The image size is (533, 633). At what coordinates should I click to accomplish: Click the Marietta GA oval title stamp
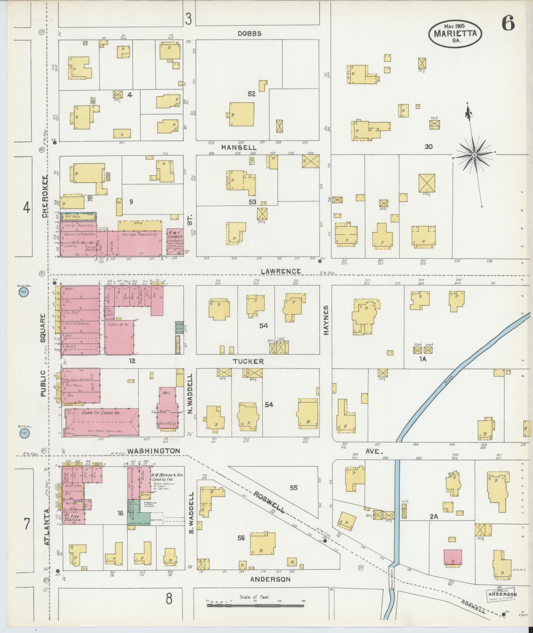click(x=455, y=33)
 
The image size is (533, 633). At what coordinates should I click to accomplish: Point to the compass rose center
click(x=474, y=155)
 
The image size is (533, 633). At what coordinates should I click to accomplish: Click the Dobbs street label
click(x=249, y=33)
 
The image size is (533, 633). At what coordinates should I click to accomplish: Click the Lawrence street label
click(x=281, y=271)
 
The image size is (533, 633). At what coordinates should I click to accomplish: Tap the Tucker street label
click(x=248, y=362)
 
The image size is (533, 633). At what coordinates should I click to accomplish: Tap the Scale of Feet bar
click(x=255, y=605)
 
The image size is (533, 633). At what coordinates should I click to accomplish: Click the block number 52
click(x=252, y=94)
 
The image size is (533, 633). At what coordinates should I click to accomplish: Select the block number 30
click(x=429, y=147)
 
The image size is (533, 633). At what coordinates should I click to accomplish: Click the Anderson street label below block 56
click(x=270, y=579)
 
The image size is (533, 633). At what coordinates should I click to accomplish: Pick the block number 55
click(x=293, y=487)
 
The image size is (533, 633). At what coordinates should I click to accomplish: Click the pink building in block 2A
click(x=453, y=559)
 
